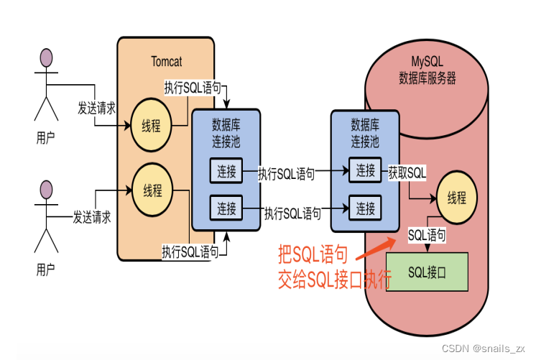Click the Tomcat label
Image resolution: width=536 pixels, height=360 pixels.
(167, 60)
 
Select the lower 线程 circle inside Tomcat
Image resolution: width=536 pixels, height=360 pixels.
(152, 191)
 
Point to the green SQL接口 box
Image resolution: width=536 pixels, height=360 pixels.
(427, 272)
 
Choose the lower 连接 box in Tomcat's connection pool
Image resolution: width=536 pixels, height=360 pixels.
(226, 208)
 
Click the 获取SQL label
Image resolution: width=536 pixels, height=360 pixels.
(407, 172)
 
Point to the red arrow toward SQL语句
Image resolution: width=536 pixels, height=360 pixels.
(376, 248)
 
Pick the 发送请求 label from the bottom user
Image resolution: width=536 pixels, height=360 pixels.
(91, 216)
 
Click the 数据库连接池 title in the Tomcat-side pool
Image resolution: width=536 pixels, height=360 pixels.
(226, 129)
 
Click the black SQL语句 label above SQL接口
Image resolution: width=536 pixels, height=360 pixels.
(427, 235)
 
